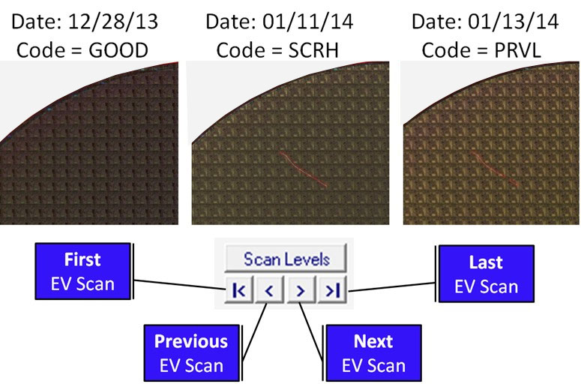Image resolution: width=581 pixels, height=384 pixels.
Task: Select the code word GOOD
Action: pos(118,51)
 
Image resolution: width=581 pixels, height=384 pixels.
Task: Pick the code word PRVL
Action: pos(522,51)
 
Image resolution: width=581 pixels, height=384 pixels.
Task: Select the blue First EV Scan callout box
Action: pos(82,271)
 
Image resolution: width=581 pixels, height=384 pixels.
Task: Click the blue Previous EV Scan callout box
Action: pos(190,352)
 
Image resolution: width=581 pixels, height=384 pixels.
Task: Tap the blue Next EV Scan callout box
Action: pos(373,352)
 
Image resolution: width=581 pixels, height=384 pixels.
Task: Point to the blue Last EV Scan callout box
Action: pos(485,274)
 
